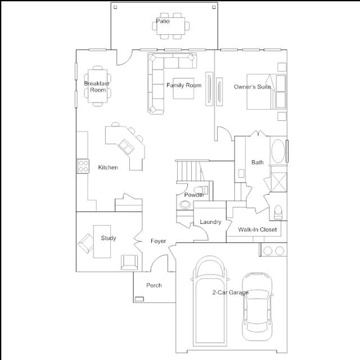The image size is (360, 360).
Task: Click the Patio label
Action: pyautogui.click(x=163, y=21)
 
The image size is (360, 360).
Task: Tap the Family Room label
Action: pyautogui.click(x=184, y=85)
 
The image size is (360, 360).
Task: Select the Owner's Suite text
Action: pyautogui.click(x=253, y=87)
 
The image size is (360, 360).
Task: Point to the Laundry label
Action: pyautogui.click(x=210, y=222)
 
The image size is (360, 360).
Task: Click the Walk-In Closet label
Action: pyautogui.click(x=258, y=229)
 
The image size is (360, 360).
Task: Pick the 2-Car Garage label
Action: pyautogui.click(x=230, y=292)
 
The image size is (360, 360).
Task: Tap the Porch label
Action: pyautogui.click(x=154, y=285)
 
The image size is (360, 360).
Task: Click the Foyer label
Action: pyautogui.click(x=159, y=241)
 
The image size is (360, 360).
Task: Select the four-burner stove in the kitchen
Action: pyautogui.click(x=83, y=166)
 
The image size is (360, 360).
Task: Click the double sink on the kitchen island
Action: pyautogui.click(x=126, y=146)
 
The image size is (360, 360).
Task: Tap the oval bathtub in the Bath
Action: pyautogui.click(x=278, y=151)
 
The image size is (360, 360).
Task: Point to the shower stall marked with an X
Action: pyautogui.click(x=279, y=182)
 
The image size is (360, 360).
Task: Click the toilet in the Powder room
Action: pyautogui.click(x=201, y=190)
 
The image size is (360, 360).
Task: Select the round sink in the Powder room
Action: pyautogui.click(x=185, y=204)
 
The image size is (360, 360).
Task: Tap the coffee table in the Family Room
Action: pyautogui.click(x=183, y=88)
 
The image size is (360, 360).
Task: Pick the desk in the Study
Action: pyautogui.click(x=102, y=241)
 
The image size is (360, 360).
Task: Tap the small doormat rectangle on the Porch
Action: pyautogui.click(x=139, y=299)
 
